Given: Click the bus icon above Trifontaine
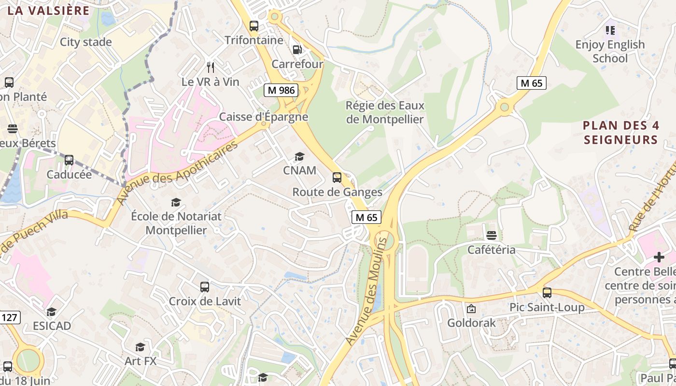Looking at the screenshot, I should [x=254, y=26].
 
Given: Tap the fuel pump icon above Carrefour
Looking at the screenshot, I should [x=297, y=50].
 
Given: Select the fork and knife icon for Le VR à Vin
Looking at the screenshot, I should [x=210, y=67].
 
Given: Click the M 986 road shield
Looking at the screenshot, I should [x=281, y=90].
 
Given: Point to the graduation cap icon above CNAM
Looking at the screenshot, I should [x=299, y=156].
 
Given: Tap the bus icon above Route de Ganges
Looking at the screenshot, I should [x=337, y=178].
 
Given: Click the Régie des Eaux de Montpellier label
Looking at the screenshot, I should [x=385, y=112].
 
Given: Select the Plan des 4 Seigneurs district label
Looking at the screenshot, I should [x=620, y=133].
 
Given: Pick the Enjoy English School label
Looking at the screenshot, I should [x=610, y=51].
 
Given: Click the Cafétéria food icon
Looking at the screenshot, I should [x=492, y=235].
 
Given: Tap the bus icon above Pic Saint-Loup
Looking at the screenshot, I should [x=547, y=292].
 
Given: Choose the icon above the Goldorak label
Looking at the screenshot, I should [x=471, y=308].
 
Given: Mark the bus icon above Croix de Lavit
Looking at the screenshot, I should [x=205, y=287].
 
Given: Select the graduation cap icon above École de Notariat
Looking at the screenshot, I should [x=176, y=202].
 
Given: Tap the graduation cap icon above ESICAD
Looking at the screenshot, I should [x=52, y=312].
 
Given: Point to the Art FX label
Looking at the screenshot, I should [x=141, y=361].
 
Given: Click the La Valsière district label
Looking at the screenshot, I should [x=49, y=11].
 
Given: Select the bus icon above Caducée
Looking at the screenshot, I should [x=69, y=160].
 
